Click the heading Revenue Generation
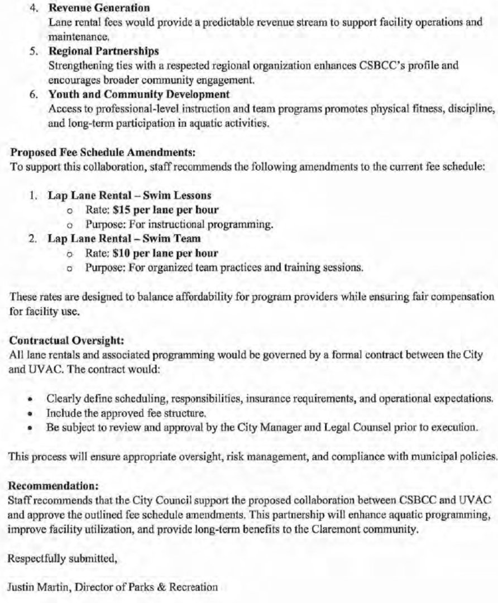click(99, 8)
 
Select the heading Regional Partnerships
click(103, 52)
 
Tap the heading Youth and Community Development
click(139, 94)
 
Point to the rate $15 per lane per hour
click(165, 210)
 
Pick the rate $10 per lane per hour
click(165, 253)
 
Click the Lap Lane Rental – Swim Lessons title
click(130, 196)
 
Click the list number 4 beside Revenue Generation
click(32, 8)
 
